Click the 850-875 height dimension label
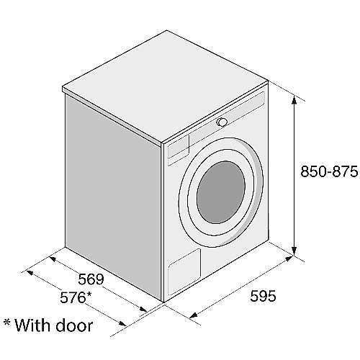click(329, 171)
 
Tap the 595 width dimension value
click(263, 296)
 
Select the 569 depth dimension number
click(91, 279)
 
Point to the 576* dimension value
click(76, 298)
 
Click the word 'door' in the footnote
click(74, 325)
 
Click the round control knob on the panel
click(222, 122)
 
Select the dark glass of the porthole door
click(221, 192)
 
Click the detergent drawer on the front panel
click(179, 147)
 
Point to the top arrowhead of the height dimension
click(294, 100)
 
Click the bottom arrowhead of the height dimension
click(294, 251)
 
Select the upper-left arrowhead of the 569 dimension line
click(53, 259)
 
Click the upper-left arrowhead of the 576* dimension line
click(30, 272)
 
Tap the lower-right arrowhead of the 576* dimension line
click(122, 324)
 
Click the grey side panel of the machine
click(113, 194)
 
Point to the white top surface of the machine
click(166, 86)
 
